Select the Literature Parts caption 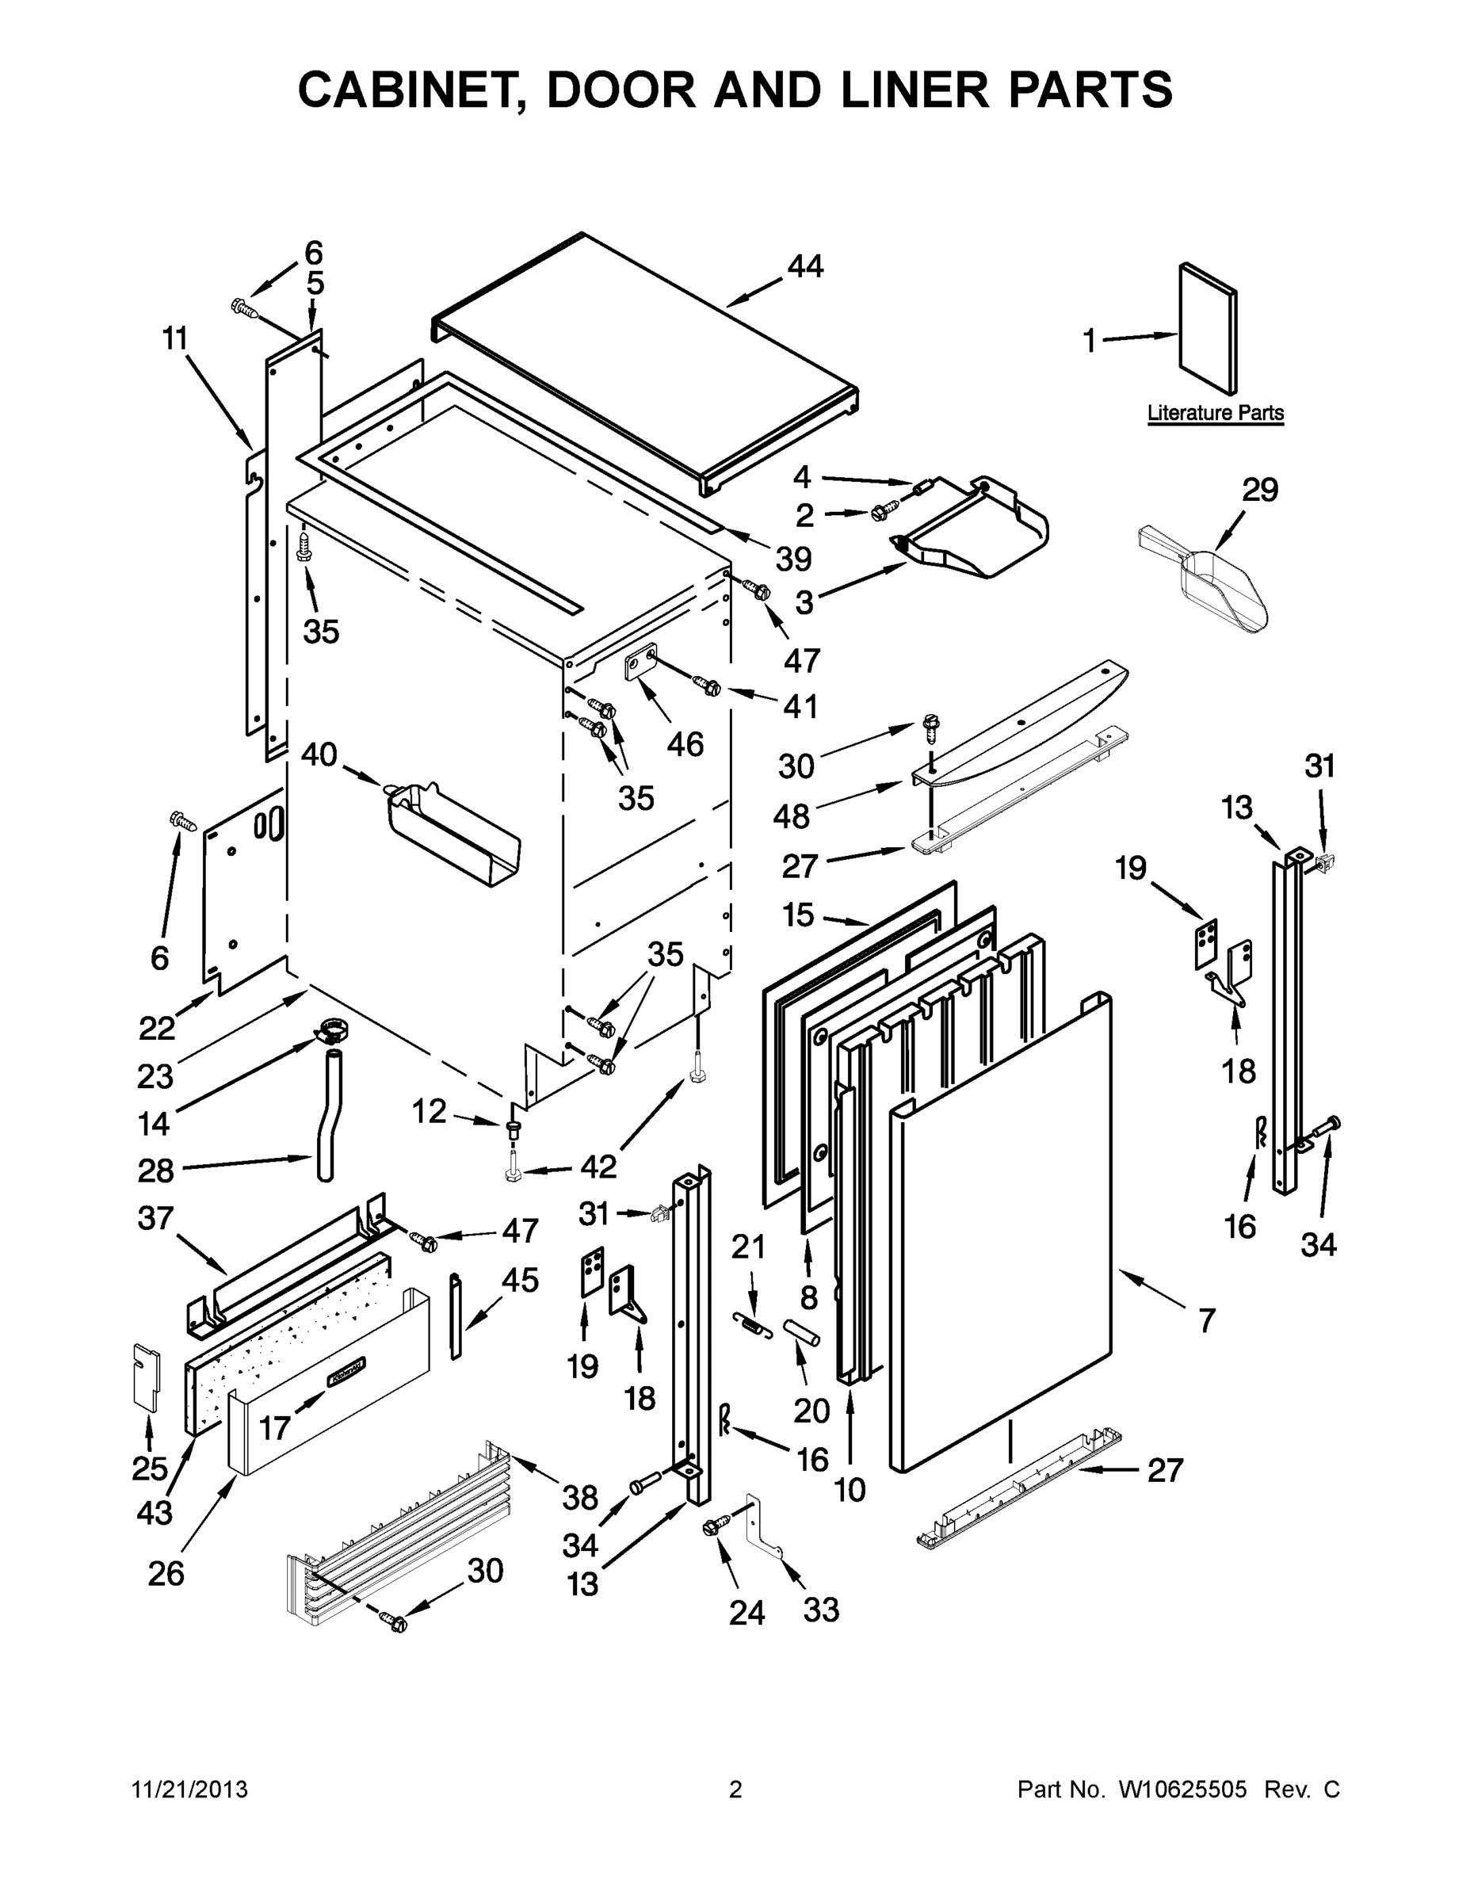tap(1215, 413)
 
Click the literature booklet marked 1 tap(1207, 329)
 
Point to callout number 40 tap(319, 754)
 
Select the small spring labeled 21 tap(754, 1323)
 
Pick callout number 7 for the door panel tap(1206, 1321)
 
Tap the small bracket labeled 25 tap(147, 1375)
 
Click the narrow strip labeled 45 tap(456, 1315)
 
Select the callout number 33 tap(820, 1610)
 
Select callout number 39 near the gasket tap(793, 558)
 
